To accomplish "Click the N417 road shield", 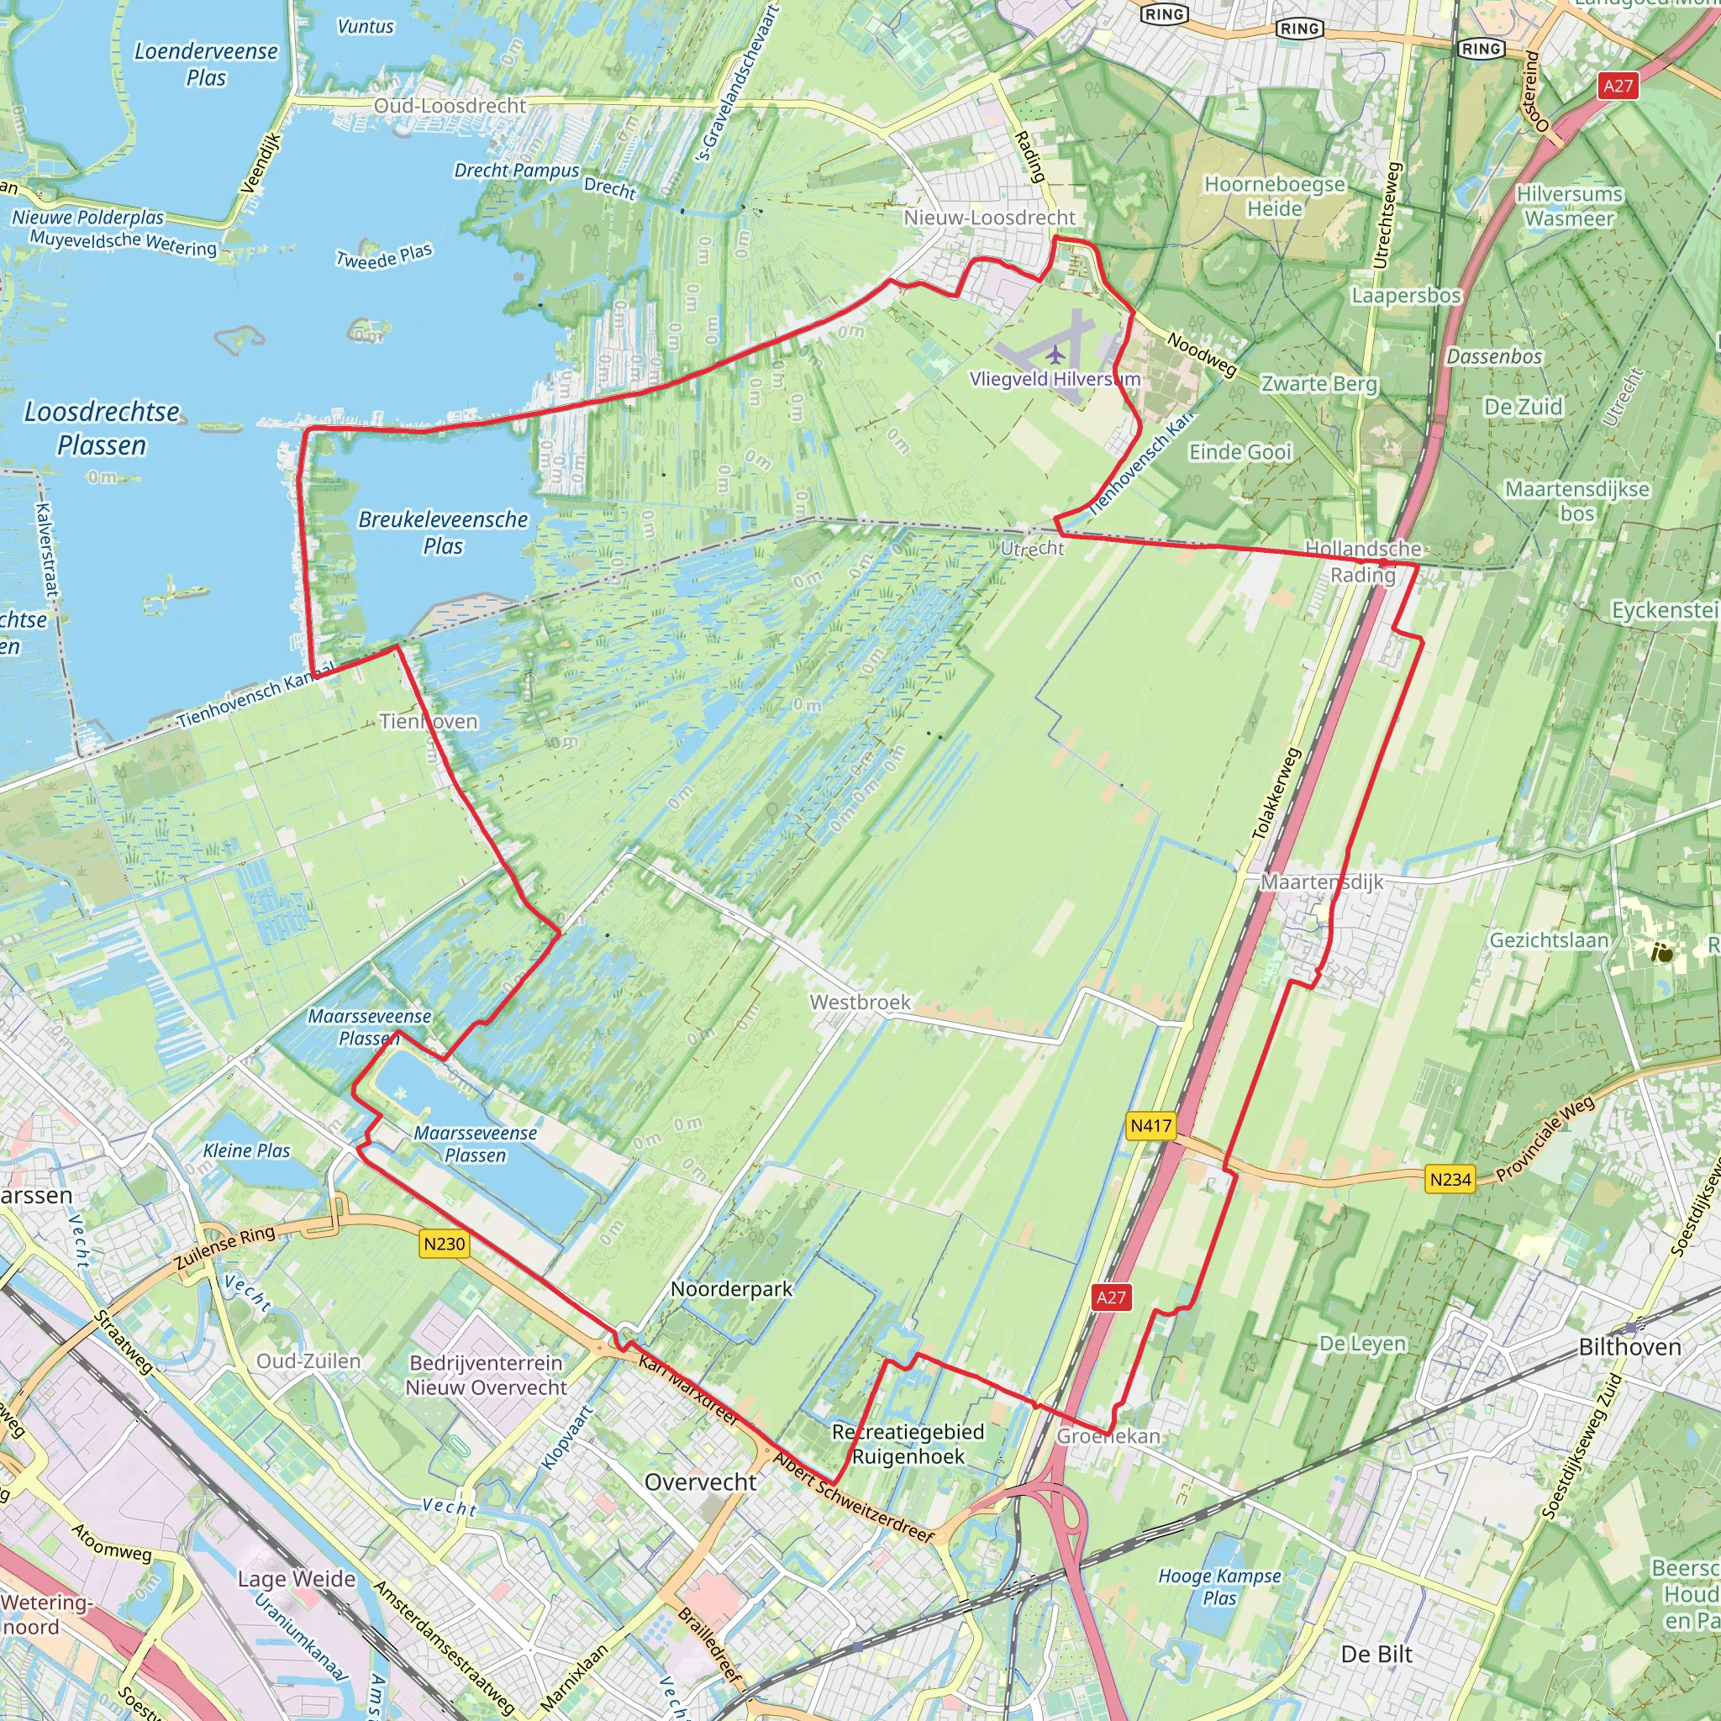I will point(1151,1125).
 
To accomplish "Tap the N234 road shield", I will point(1450,1179).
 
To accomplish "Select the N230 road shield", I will point(444,1244).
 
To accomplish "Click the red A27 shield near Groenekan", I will point(1111,1297).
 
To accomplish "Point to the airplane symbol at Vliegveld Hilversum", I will point(1055,355).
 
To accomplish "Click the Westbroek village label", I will point(860,1003).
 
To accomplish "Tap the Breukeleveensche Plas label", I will point(443,532).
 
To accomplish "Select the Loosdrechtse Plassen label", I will point(102,428).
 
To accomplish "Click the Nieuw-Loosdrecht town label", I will point(989,218).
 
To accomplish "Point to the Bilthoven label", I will point(1629,1347).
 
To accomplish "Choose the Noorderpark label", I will point(731,1288).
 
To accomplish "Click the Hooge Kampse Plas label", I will point(1219,1587).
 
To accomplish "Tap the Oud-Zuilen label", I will point(308,1360).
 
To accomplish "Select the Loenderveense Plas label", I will point(206,64).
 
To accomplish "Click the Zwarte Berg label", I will point(1319,384).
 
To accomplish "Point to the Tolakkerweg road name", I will point(1276,793).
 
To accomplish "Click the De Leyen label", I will point(1362,1344).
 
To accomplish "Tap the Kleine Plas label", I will point(247,1150).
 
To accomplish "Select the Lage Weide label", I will point(296,1579).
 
